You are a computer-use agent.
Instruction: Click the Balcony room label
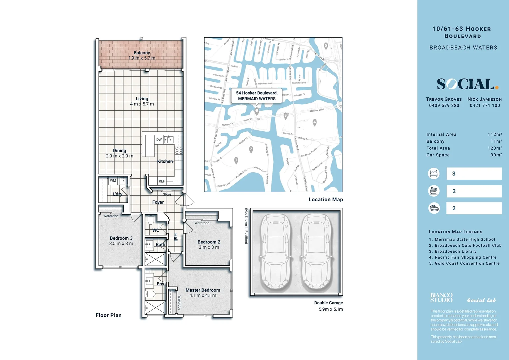[x=142, y=53]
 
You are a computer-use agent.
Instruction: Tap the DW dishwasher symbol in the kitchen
[x=159, y=140]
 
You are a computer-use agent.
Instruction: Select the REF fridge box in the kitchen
[x=162, y=181]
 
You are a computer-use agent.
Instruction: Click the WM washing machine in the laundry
[x=113, y=181]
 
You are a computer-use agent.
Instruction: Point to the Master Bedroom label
[x=203, y=290]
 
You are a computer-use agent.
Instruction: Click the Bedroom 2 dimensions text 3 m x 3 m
[x=209, y=247]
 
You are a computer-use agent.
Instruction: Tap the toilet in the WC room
[x=150, y=220]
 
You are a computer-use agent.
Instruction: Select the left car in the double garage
[x=275, y=252]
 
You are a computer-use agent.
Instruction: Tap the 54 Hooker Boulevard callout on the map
[x=256, y=96]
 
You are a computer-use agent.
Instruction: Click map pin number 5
[x=326, y=46]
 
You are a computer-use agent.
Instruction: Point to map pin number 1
[x=236, y=160]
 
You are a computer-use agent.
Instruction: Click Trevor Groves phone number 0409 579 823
[x=444, y=105]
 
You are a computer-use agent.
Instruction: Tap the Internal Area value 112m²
[x=495, y=134]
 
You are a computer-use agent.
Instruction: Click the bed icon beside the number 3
[x=434, y=173]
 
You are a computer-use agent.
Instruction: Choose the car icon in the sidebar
[x=434, y=208]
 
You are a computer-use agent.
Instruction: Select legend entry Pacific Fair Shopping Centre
[x=465, y=257]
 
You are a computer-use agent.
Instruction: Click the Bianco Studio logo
[x=441, y=298]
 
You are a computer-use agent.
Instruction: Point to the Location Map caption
[x=325, y=199]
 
